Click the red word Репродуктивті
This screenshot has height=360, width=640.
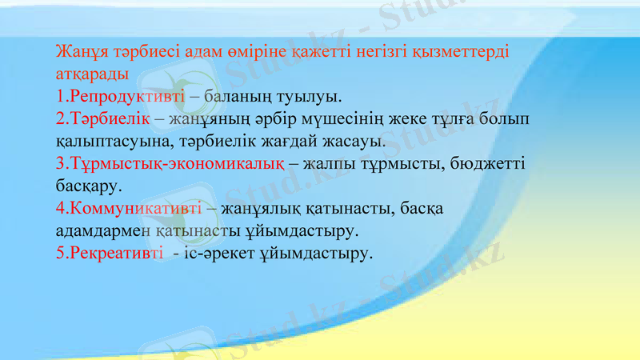click(x=126, y=98)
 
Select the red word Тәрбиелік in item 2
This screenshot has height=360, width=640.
click(x=111, y=119)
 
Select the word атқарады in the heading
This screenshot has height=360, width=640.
click(x=89, y=75)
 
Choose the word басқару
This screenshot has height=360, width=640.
click(x=89, y=186)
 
